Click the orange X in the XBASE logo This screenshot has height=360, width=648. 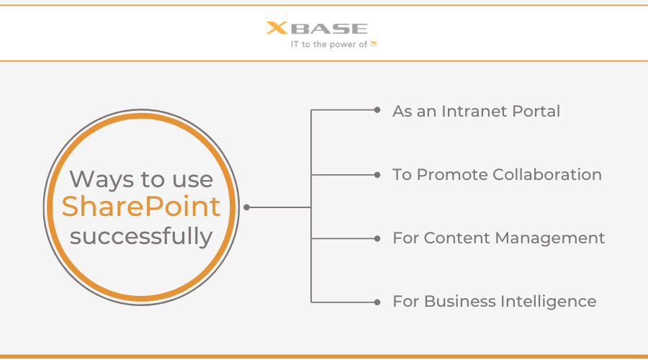(x=277, y=27)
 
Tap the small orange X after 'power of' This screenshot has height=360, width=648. (x=374, y=43)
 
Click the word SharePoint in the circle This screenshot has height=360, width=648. (x=141, y=207)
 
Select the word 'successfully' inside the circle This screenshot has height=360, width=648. (x=141, y=236)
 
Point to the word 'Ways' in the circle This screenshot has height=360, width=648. (x=102, y=179)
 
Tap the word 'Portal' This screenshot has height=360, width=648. (x=536, y=111)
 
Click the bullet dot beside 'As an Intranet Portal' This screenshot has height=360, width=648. (x=377, y=110)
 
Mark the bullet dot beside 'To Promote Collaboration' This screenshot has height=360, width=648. (x=377, y=175)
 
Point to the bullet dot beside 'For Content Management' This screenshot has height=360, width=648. (x=377, y=238)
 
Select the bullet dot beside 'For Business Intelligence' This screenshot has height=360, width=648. (x=377, y=302)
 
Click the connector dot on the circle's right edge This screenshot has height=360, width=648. (x=247, y=207)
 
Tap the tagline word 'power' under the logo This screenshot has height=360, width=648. (x=343, y=45)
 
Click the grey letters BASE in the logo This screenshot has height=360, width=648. (x=329, y=29)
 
